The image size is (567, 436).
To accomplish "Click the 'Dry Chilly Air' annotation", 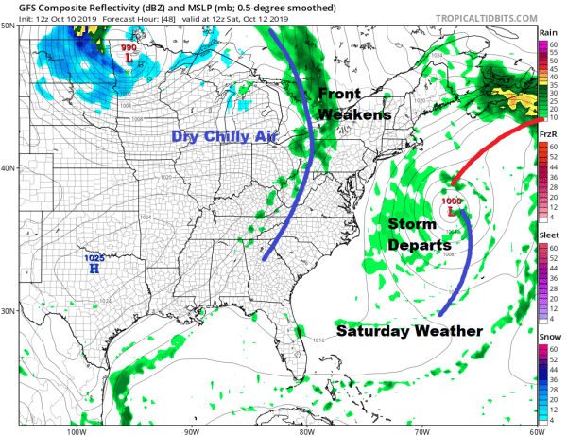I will (x=225, y=137).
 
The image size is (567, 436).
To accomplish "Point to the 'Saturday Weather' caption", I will (x=409, y=330).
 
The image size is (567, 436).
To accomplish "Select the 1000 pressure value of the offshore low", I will (x=451, y=201).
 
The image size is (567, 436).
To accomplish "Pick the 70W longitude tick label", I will (x=420, y=431).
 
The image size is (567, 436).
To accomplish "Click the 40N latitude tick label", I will (x=8, y=168).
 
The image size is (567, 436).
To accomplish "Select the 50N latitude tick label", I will (x=8, y=26).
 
